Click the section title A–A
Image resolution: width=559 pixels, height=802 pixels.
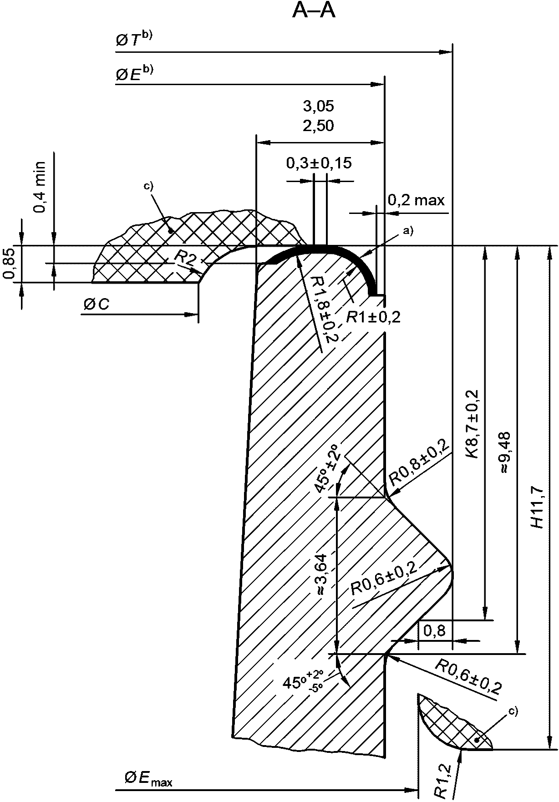pyautogui.click(x=314, y=11)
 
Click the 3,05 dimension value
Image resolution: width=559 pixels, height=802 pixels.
pyautogui.click(x=319, y=106)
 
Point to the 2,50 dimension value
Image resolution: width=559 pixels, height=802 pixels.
pyautogui.click(x=319, y=126)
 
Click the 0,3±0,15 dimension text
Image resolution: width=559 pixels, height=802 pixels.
pyautogui.click(x=319, y=163)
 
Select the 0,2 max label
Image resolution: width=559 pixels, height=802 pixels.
pyautogui.click(x=416, y=200)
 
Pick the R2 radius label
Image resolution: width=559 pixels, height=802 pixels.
pyautogui.click(x=185, y=258)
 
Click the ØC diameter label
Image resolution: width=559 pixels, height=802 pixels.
pyautogui.click(x=96, y=305)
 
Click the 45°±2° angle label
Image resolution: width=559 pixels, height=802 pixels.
pyautogui.click(x=327, y=469)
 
